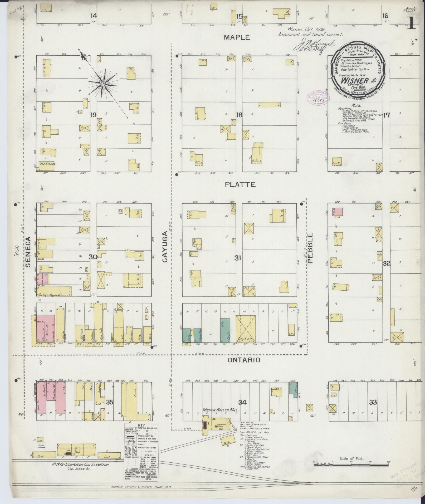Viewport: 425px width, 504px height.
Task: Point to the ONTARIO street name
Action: coord(243,360)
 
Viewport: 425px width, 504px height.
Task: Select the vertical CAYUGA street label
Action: coord(165,247)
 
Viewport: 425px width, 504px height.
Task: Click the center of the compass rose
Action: coord(103,84)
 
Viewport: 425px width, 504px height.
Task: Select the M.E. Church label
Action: coord(47,164)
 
